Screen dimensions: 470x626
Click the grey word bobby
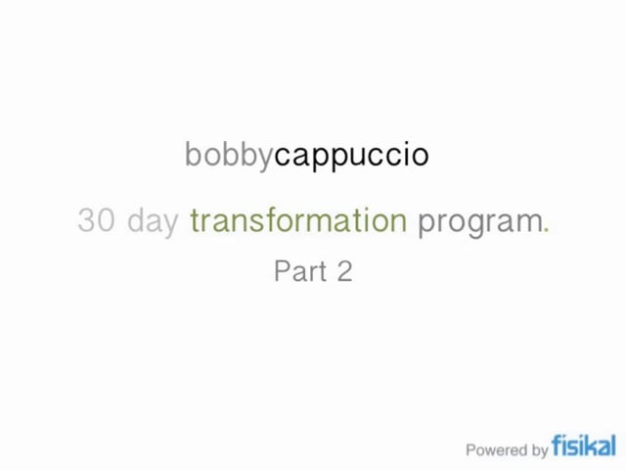pos(229,155)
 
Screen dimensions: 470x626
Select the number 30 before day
pos(96,221)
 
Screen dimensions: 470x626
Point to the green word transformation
pos(298,221)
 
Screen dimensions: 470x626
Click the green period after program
pos(547,230)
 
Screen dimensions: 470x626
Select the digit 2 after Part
pos(344,271)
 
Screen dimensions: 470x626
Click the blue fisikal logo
pos(584,446)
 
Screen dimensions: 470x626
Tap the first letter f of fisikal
pos(557,446)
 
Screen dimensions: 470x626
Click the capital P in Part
pos(281,271)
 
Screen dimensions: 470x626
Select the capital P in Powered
pos(471,450)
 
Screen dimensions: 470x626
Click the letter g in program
pos(462,225)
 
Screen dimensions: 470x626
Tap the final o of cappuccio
pos(422,156)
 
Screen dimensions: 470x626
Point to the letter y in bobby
pos(266,158)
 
